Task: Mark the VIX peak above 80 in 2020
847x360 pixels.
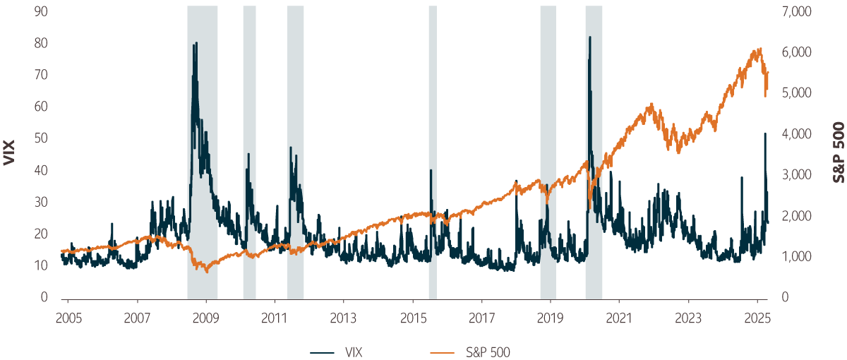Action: [589, 37]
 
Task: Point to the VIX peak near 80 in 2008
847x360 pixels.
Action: [196, 42]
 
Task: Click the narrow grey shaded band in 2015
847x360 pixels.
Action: [433, 152]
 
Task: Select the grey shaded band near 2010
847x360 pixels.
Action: [249, 152]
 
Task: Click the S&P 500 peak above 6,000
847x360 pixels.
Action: [759, 49]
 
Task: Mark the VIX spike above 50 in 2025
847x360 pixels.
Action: [765, 133]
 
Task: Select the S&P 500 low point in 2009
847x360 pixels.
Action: [207, 271]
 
